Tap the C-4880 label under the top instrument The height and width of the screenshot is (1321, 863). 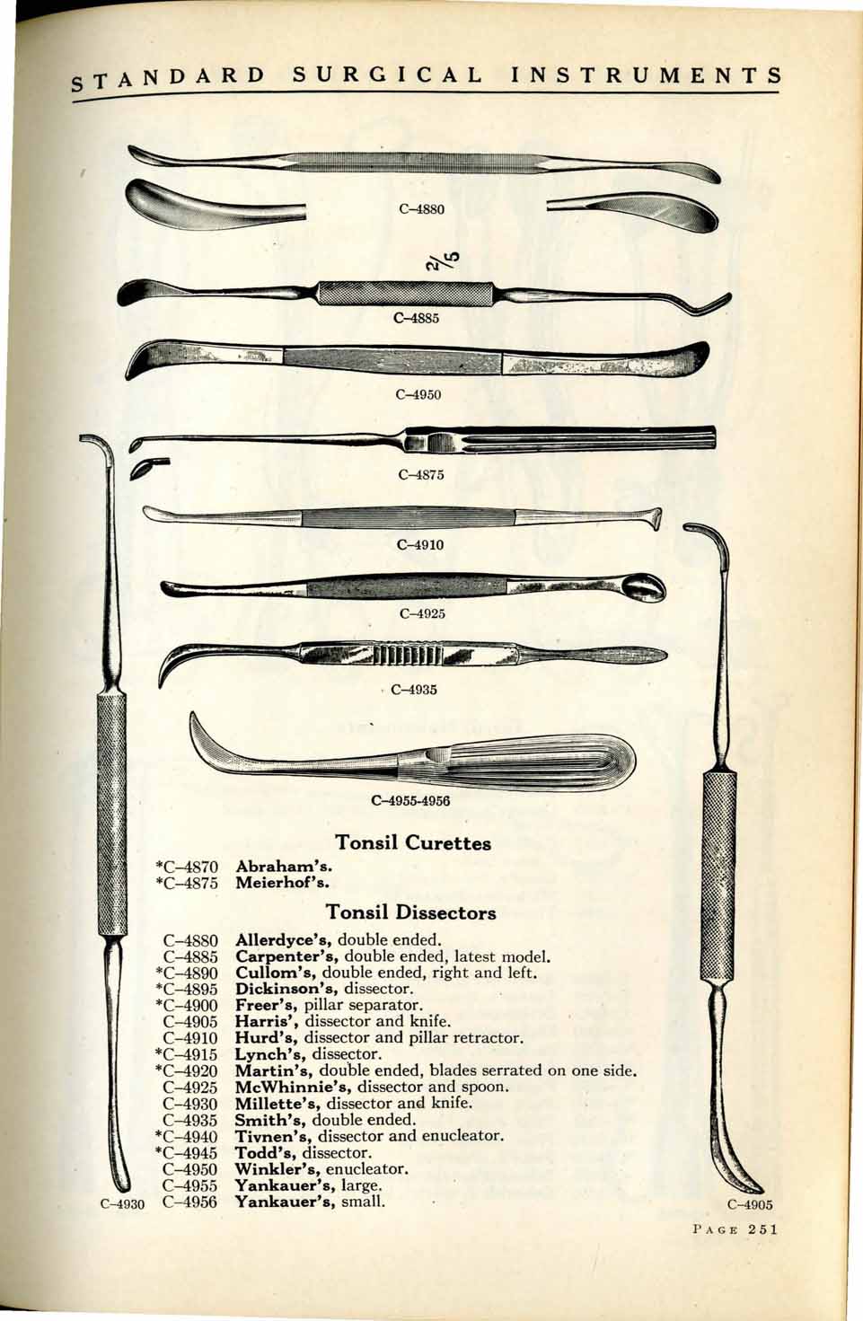(x=421, y=209)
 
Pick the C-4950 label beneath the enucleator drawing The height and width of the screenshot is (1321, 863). (x=418, y=393)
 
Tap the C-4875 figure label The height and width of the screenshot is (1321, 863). (x=420, y=474)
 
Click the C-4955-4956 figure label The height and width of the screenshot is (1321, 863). (x=410, y=800)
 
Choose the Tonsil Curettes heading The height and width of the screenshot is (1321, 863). (x=412, y=843)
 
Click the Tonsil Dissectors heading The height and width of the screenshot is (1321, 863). (x=411, y=913)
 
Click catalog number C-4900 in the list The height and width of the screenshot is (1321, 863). (x=190, y=1005)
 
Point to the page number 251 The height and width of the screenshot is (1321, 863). (x=762, y=1229)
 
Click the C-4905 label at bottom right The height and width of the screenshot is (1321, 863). (x=750, y=1205)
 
